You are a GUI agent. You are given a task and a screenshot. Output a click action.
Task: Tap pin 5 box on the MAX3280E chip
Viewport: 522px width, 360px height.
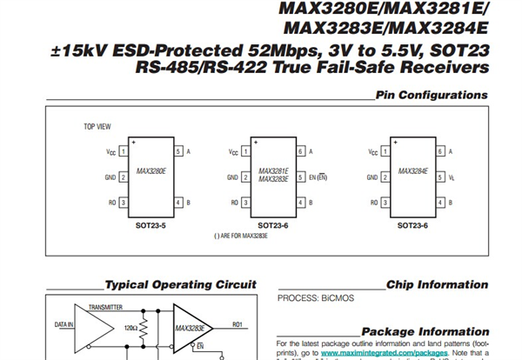178,152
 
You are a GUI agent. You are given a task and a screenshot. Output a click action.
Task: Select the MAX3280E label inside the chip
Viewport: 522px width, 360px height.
151,172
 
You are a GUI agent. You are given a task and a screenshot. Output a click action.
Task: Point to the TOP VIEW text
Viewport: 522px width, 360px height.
97,127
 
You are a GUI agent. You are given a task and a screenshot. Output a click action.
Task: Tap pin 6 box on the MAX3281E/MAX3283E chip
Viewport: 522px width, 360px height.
300,152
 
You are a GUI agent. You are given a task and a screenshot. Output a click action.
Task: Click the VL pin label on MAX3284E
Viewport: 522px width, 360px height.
452,177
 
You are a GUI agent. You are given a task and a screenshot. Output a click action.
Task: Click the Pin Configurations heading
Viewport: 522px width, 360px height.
432,95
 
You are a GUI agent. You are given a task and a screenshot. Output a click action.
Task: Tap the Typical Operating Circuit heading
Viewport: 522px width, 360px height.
180,284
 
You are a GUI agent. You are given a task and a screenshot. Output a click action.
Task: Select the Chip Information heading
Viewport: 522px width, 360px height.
437,284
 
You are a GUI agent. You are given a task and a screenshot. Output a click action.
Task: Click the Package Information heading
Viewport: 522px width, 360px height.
425,331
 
